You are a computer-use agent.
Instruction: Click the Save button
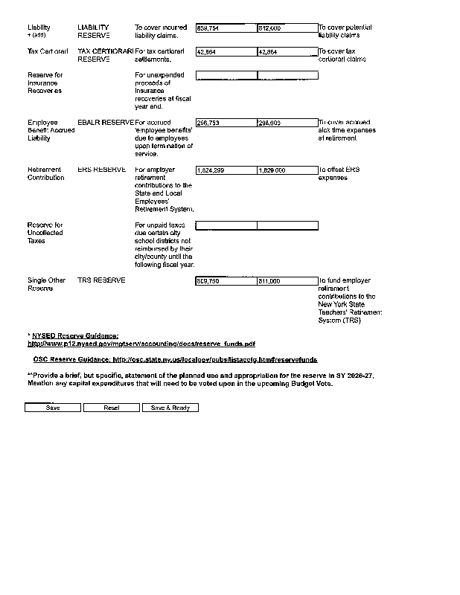53,408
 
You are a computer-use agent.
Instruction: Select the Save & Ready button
170,408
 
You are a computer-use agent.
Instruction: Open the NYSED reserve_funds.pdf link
141,344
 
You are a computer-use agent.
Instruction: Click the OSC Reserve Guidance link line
175,359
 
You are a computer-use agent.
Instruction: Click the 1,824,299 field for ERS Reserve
226,170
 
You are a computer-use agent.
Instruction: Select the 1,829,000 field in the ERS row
287,170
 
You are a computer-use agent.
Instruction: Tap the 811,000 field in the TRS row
287,282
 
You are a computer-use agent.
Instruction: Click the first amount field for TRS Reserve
226,282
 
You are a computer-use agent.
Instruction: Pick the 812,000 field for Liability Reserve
287,28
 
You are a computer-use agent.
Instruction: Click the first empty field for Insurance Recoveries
226,75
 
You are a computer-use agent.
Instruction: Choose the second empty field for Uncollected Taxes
287,225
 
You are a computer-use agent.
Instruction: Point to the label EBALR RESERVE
106,122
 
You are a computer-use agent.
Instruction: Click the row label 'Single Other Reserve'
46,284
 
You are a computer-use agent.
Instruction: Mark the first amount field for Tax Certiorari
226,52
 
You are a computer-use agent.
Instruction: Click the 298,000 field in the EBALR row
287,123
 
